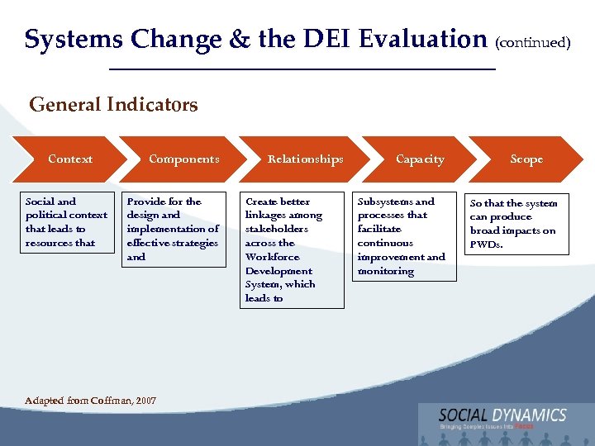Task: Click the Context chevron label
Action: click(70, 159)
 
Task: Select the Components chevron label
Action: click(183, 159)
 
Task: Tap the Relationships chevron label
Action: click(305, 159)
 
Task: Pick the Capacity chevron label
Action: click(420, 159)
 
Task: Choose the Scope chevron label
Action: click(526, 159)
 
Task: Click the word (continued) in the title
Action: click(533, 42)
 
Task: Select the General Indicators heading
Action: click(113, 105)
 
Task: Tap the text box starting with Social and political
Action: click(67, 222)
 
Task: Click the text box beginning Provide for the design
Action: click(173, 229)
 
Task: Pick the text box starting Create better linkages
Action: click(292, 249)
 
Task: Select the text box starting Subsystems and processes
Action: click(405, 236)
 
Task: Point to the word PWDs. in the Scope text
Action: click(487, 244)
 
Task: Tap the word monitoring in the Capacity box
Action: click(386, 271)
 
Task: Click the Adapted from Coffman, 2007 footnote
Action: click(90, 401)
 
